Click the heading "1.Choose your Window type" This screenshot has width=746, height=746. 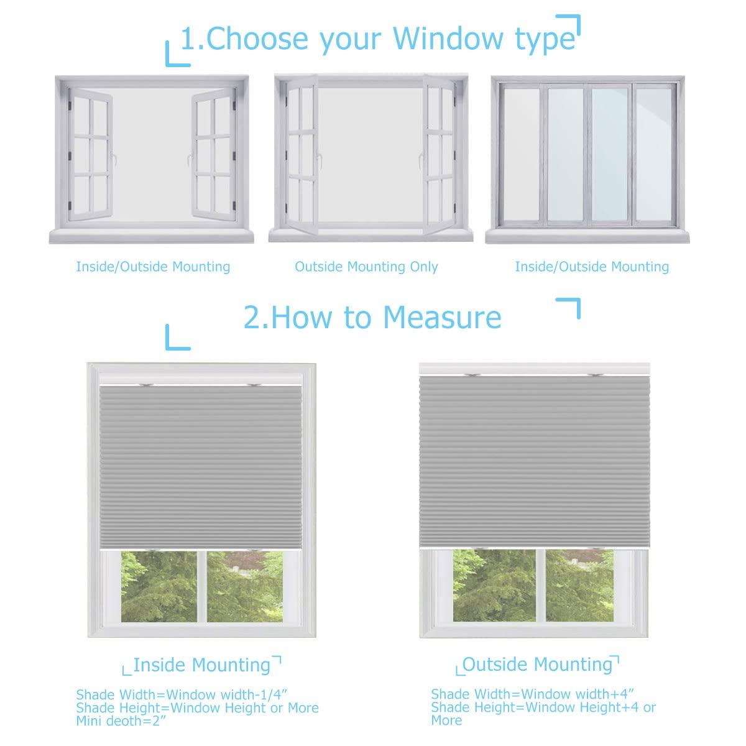coord(378,39)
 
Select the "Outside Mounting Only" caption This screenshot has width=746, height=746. coord(366,267)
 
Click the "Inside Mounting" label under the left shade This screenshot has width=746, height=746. coord(201,665)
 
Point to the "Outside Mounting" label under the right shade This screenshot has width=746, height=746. coord(538,664)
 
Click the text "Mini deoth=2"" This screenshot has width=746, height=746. coord(122,721)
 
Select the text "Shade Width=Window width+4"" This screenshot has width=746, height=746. coord(533,694)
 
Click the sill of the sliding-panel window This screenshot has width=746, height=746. coord(588,235)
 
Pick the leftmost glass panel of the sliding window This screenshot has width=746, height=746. coord(521,153)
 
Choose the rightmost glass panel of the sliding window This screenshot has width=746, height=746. coord(653,153)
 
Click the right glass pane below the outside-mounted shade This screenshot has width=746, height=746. coord(579,584)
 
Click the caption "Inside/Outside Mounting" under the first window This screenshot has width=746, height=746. coord(153,267)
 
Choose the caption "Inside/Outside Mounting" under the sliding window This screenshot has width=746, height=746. coord(592,267)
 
